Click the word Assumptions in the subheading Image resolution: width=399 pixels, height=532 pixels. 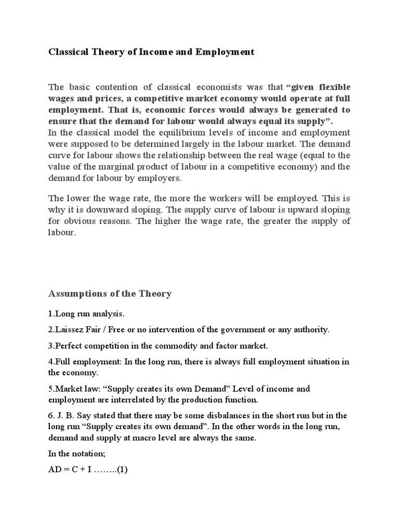pyautogui.click(x=77, y=294)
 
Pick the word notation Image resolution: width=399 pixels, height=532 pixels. pyautogui.click(x=91, y=455)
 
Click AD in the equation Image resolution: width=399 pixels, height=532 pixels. pyautogui.click(x=55, y=471)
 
